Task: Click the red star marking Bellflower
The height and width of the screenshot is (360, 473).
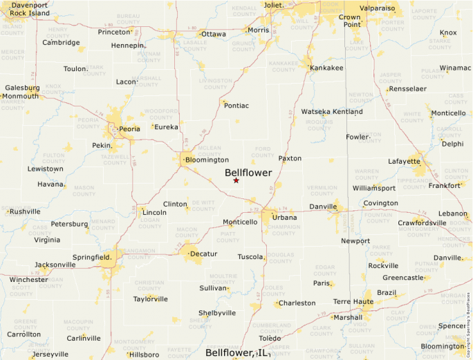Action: pyautogui.click(x=236, y=180)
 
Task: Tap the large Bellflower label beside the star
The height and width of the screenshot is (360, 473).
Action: pyautogui.click(x=248, y=173)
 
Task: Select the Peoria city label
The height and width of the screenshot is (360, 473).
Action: pyautogui.click(x=129, y=129)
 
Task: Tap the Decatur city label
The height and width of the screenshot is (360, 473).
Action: pyautogui.click(x=203, y=254)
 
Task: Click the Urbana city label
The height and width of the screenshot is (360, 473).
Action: pyautogui.click(x=284, y=218)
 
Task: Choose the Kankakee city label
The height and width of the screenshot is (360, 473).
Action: pyautogui.click(x=326, y=68)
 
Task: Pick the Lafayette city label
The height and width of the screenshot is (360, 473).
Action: pyautogui.click(x=404, y=161)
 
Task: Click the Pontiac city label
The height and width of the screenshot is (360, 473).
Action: pyautogui.click(x=236, y=105)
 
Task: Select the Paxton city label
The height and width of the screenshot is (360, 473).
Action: pyautogui.click(x=290, y=158)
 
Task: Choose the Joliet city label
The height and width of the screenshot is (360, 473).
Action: pyautogui.click(x=274, y=5)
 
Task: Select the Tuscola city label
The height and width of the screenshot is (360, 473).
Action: pyautogui.click(x=250, y=256)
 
